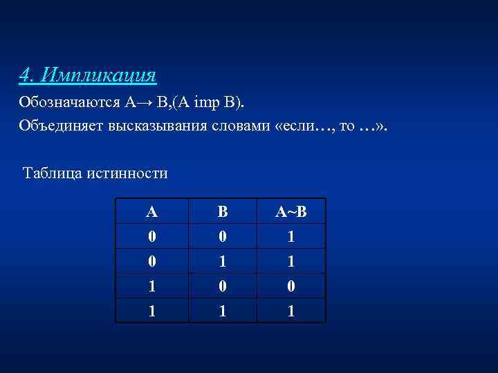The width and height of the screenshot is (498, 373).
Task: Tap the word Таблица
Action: [53, 173]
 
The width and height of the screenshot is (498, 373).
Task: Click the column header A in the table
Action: [152, 211]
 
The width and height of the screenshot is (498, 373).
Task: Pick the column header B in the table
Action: [222, 211]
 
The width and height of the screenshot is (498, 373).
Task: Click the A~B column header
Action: [291, 211]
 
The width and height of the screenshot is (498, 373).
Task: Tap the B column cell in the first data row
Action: [222, 236]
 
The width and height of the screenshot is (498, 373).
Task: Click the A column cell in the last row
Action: [152, 311]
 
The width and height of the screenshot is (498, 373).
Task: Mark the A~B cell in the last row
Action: [291, 311]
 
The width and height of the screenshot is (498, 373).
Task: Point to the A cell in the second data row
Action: [152, 261]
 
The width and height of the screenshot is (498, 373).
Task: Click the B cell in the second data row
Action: [222, 261]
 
